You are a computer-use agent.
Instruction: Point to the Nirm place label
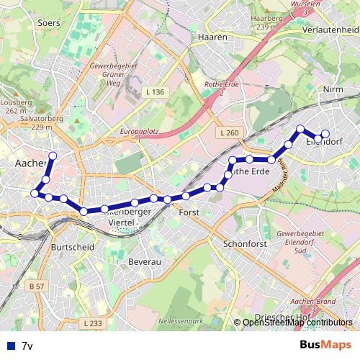point(333,89)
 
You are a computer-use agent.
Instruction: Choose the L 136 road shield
point(155,92)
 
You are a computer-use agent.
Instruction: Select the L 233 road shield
point(91,323)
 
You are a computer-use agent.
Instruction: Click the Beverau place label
point(144,263)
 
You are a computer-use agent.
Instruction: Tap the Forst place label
point(189,213)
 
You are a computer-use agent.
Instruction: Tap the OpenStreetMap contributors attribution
point(297,323)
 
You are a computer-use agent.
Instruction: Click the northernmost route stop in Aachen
point(53,156)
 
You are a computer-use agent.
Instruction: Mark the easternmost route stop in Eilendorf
point(325,133)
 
